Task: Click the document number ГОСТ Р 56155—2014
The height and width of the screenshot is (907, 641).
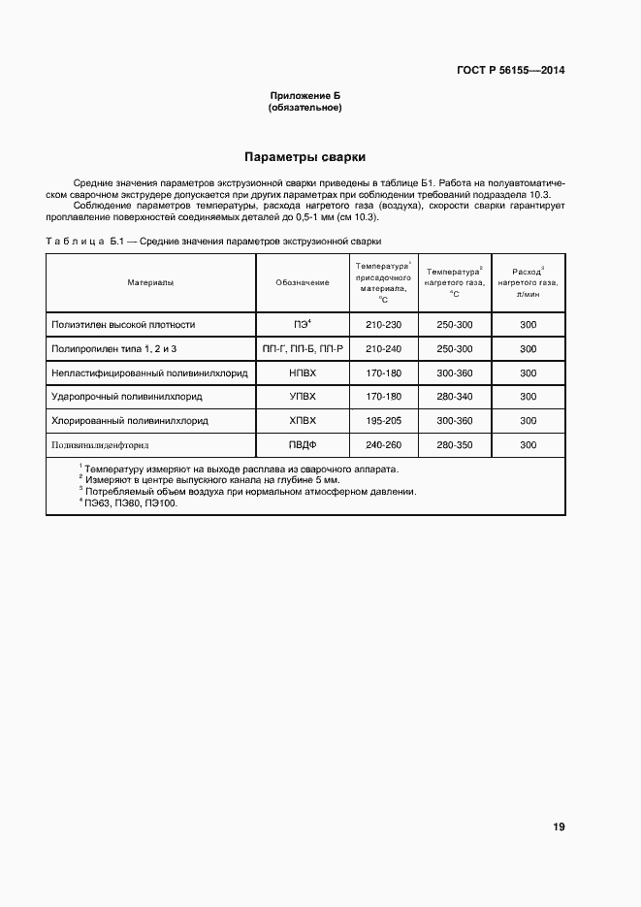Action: [x=510, y=71]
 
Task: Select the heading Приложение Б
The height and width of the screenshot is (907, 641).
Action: [x=304, y=96]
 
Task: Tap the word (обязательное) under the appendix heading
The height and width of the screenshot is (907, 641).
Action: [x=304, y=107]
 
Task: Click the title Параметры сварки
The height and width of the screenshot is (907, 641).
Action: [x=304, y=156]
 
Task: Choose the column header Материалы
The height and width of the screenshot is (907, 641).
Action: [x=150, y=282]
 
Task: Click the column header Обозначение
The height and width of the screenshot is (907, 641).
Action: [x=302, y=282]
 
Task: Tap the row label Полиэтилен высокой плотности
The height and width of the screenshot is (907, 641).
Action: [x=123, y=325]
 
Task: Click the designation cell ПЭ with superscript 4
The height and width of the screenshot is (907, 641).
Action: [x=302, y=325]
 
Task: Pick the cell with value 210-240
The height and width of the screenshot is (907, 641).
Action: [x=383, y=348]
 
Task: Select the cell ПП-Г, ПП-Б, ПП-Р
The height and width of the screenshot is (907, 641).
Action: [x=302, y=348]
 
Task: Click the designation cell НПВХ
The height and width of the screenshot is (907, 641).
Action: [x=302, y=373]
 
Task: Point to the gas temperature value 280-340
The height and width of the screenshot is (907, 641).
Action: [x=455, y=397]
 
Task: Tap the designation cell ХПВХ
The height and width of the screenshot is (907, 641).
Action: [x=302, y=421]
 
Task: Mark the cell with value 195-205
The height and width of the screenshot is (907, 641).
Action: [x=383, y=421]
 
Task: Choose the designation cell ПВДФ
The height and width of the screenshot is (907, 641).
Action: [x=302, y=445]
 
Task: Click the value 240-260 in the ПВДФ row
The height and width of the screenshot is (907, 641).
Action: [x=383, y=445]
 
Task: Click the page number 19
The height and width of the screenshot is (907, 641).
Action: [x=559, y=826]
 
